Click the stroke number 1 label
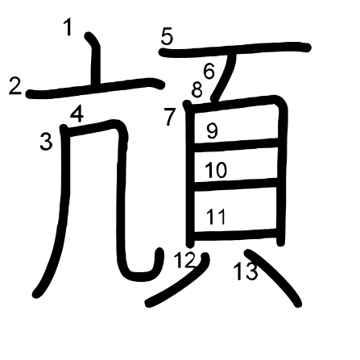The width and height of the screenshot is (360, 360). tap(68, 27)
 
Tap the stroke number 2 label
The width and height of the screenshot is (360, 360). tap(15, 85)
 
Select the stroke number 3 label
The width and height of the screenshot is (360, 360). tap(46, 142)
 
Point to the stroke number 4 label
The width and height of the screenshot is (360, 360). tap(77, 114)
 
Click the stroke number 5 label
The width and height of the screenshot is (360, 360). tap(167, 37)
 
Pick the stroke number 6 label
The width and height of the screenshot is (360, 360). tap(209, 71)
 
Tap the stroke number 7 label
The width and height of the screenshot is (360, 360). tap(170, 117)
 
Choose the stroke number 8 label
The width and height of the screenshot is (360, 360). tap(197, 89)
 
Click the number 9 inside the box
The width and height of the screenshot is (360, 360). tap(212, 130)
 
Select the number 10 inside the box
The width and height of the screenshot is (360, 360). tap(216, 171)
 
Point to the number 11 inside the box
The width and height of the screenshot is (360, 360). tap(216, 217)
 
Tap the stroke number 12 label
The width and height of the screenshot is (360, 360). tap(184, 260)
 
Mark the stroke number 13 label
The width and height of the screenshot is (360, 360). tap(246, 271)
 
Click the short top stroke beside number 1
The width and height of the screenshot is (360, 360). tap(96, 59)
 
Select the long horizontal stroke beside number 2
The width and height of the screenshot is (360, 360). tap(95, 88)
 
